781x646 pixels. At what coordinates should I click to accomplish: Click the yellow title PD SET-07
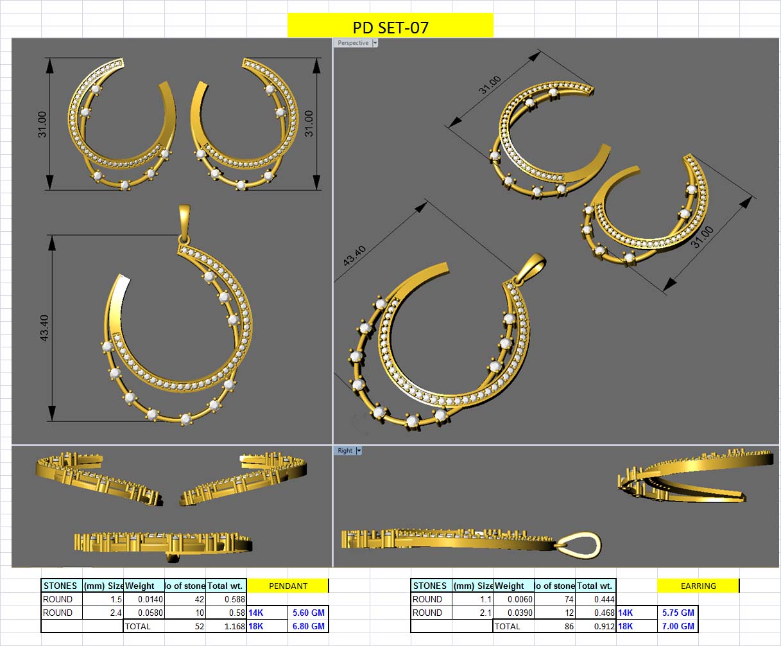[390, 27]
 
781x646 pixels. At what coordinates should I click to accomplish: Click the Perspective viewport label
[353, 43]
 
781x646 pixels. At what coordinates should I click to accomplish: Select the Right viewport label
[345, 451]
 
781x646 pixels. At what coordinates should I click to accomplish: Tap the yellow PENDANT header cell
[288, 586]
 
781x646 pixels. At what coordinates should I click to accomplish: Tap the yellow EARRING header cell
[698, 586]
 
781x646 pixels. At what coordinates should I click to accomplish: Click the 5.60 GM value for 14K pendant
[308, 613]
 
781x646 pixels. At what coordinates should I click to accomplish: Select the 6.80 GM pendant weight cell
[308, 626]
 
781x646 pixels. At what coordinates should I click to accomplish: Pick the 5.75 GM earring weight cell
[678, 613]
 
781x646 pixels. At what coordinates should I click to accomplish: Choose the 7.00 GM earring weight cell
[678, 626]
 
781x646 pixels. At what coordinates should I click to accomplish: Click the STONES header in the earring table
[430, 586]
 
